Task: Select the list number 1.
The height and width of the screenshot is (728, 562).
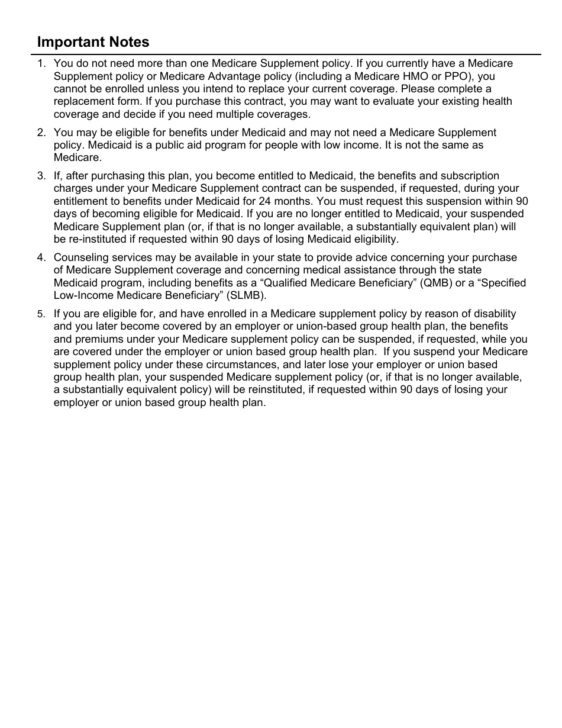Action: point(40,63)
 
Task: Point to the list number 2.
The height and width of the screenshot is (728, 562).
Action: point(40,133)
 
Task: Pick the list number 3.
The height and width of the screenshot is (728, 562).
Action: point(40,176)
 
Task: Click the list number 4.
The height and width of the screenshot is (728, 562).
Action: point(40,257)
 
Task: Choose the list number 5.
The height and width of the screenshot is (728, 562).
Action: point(40,314)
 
